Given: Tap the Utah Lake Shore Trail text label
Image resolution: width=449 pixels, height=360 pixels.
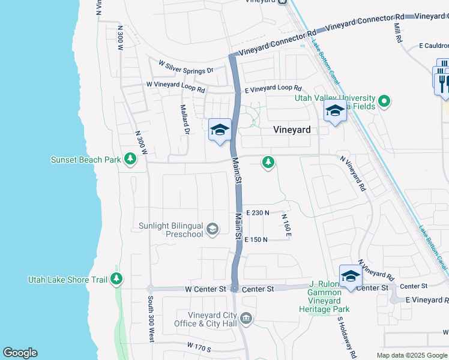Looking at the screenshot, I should click(x=67, y=280).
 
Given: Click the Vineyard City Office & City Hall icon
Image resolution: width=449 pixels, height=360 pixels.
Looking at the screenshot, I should click(x=246, y=317).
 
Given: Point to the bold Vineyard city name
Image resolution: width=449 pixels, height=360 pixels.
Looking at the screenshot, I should click(x=292, y=130).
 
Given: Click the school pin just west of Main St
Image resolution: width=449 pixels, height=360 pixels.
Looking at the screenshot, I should click(x=220, y=130).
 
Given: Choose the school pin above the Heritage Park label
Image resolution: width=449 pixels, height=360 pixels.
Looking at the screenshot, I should click(x=351, y=276).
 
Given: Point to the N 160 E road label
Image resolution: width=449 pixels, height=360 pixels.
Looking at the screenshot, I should click(x=286, y=225).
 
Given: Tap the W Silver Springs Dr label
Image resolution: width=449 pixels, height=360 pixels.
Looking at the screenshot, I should click(x=185, y=67).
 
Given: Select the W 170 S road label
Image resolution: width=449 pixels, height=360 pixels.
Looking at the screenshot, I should click(x=200, y=346).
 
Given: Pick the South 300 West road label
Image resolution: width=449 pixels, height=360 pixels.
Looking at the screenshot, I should click(x=151, y=319).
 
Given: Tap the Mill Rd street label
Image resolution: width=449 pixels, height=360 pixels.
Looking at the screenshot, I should click(x=397, y=33).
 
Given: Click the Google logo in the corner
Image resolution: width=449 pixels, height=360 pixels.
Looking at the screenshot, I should click(x=20, y=353).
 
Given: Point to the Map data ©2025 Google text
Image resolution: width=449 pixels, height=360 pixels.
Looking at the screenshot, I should click(x=412, y=355).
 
